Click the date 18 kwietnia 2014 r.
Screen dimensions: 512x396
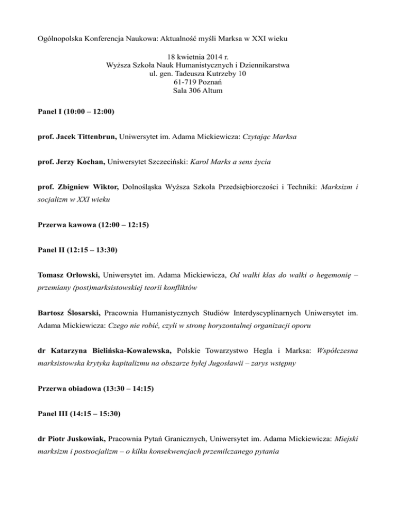[197, 56]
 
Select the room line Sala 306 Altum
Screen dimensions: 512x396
[197, 92]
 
